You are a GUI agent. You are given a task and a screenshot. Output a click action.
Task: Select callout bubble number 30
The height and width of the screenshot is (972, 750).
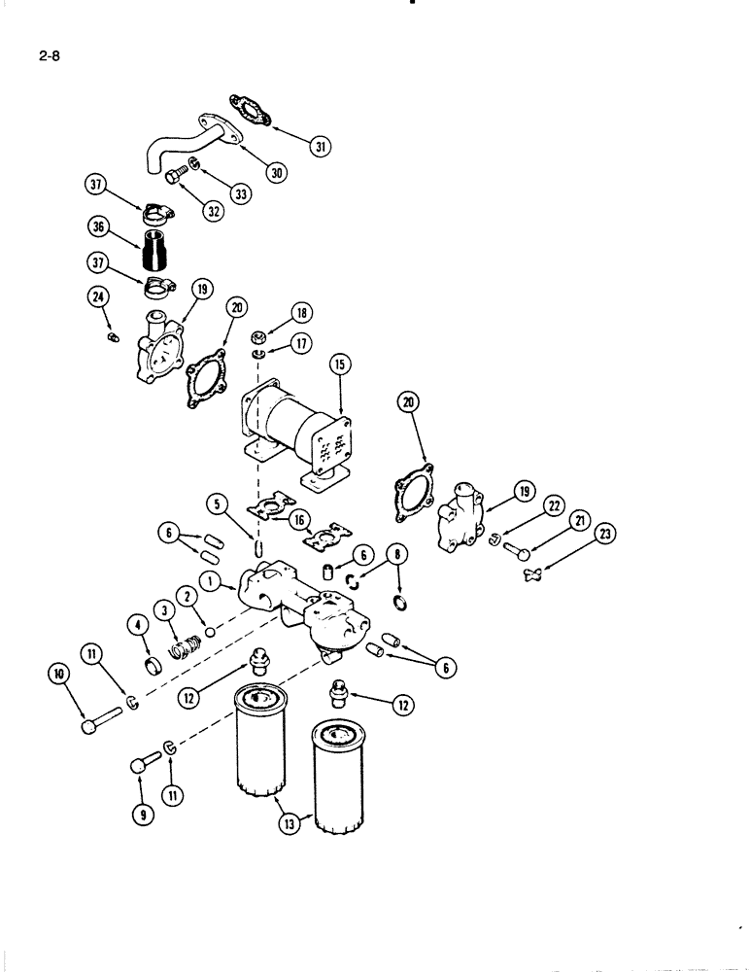click(x=277, y=172)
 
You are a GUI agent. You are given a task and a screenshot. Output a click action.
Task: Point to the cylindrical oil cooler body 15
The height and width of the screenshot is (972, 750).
click(x=292, y=425)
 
